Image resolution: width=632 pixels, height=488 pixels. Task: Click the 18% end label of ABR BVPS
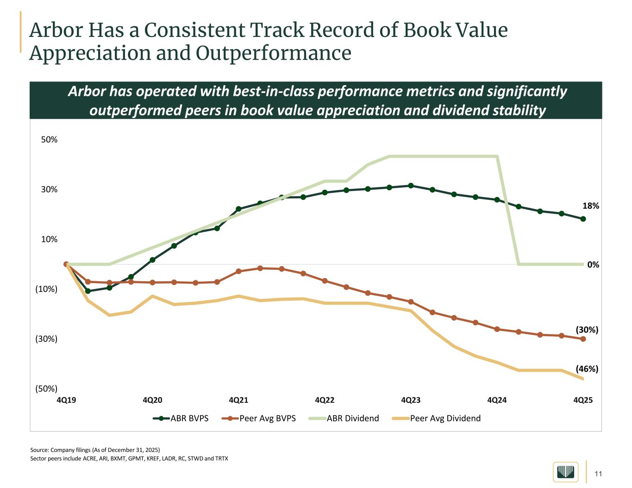coord(590,206)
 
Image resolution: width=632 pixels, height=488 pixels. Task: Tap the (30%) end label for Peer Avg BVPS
coord(587,330)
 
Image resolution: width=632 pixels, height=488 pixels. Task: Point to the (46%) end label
coord(587,369)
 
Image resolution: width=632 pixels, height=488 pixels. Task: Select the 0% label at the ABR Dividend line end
coord(593,265)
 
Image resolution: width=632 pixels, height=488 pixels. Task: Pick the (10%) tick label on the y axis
coord(46,289)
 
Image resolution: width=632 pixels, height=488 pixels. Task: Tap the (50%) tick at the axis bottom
coord(46,389)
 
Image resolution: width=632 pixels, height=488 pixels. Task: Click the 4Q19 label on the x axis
coord(66,400)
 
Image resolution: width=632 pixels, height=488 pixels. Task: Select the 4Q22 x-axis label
coord(325,400)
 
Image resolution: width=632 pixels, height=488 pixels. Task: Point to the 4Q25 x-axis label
coord(583,400)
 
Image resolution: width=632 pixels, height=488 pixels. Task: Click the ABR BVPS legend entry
coord(181,418)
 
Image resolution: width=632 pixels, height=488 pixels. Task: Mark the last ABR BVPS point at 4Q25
coord(583,219)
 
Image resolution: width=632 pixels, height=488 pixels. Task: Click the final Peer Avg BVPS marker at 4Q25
coord(583,339)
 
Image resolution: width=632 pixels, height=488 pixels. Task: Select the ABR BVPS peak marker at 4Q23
coord(411,185)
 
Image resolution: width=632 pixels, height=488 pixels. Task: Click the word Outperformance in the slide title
coord(274,53)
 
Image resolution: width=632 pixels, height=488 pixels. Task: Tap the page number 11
coord(598,474)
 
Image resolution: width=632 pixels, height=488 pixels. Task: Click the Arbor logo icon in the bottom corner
coord(565,472)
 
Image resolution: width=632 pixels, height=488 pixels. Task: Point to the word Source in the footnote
coord(39,450)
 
